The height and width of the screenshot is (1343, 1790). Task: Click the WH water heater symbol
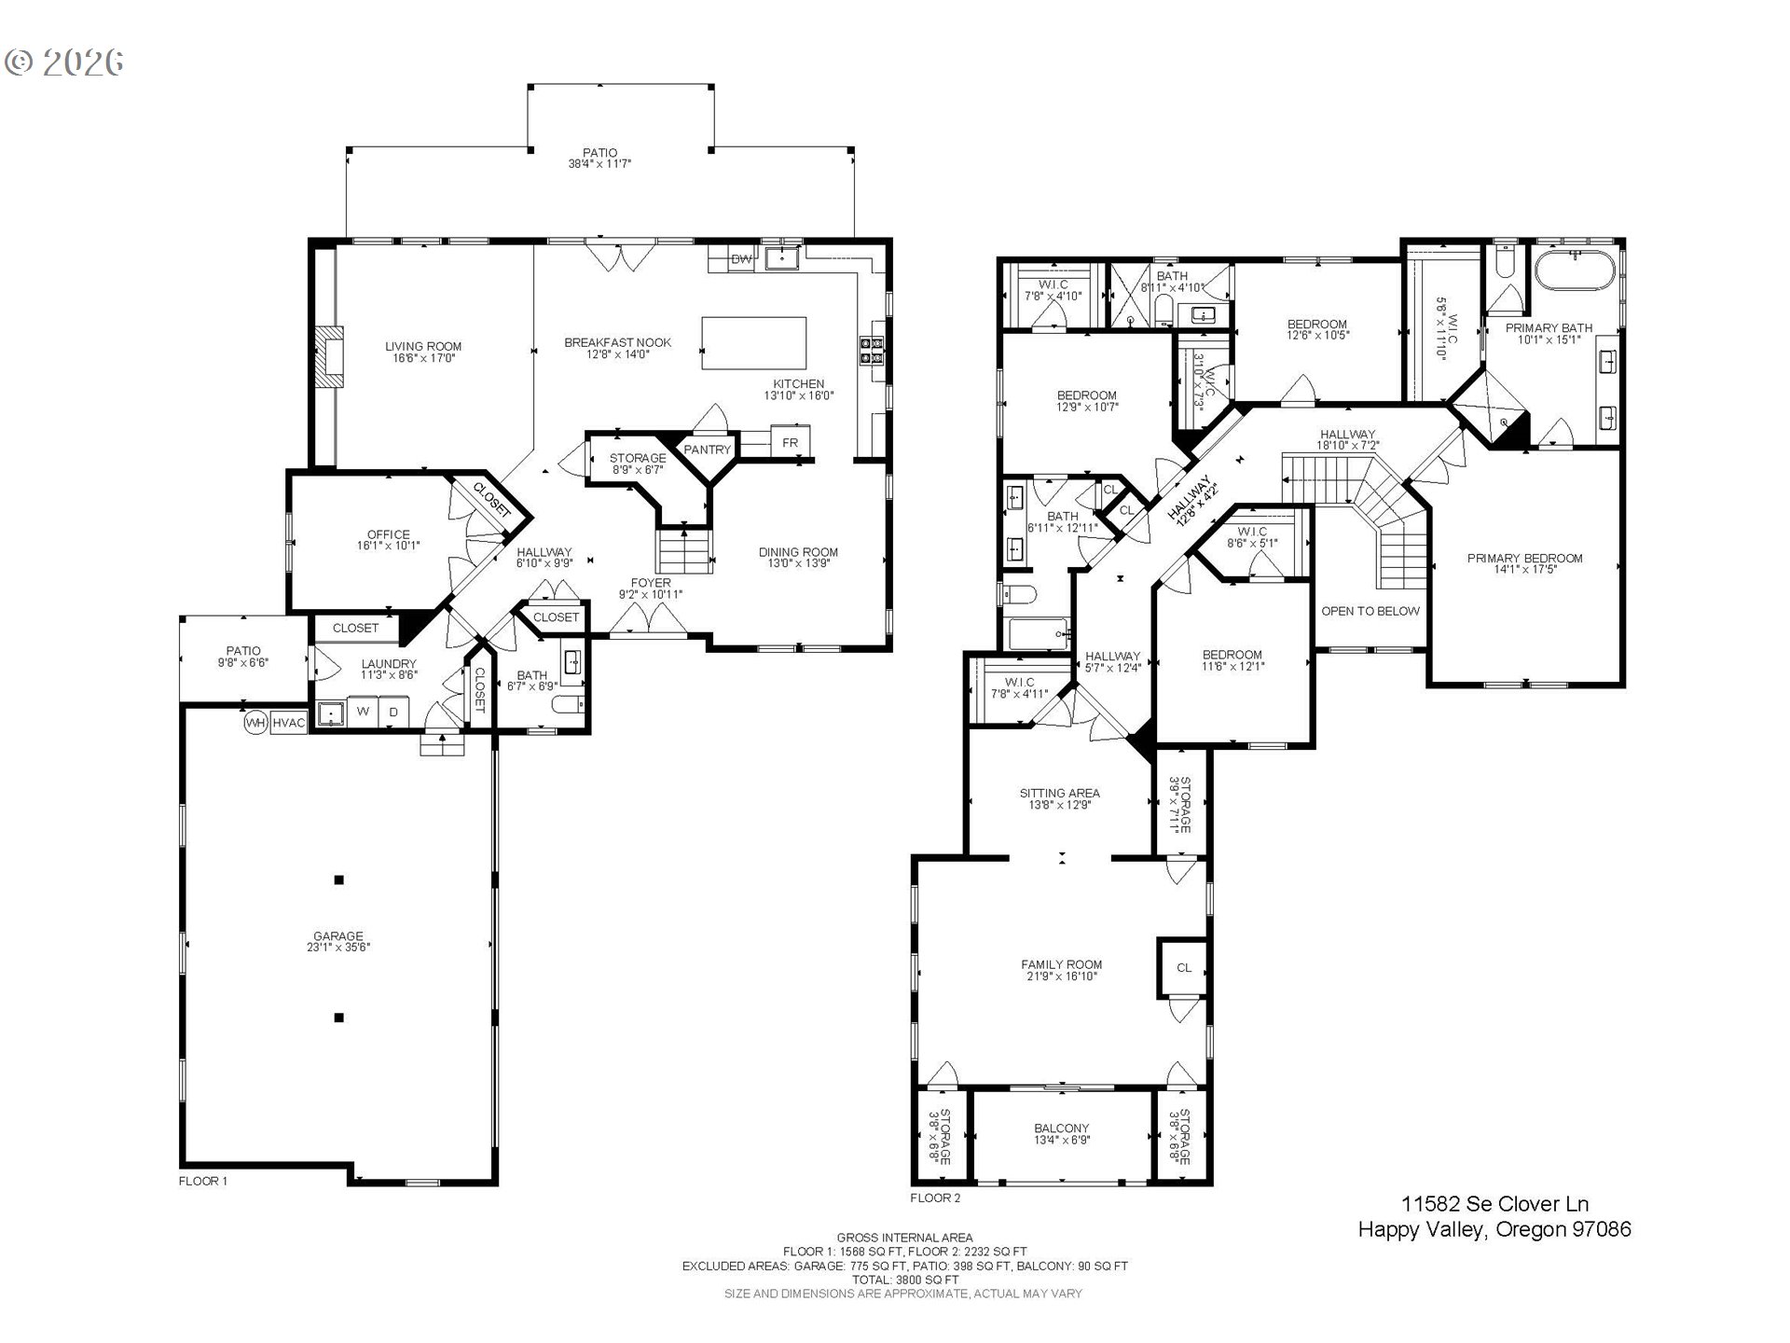click(255, 723)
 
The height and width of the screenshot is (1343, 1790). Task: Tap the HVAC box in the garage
click(289, 723)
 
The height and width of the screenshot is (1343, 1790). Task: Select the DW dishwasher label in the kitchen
click(741, 259)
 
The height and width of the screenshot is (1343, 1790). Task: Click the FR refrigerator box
click(790, 442)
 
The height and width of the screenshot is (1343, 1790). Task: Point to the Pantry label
click(708, 450)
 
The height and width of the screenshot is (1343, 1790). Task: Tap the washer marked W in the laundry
click(364, 712)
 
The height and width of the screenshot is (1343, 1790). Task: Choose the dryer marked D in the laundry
click(393, 712)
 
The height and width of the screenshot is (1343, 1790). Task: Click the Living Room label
click(423, 346)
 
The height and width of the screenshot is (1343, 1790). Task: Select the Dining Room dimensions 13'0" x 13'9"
click(798, 563)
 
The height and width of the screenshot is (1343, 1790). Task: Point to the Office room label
click(388, 534)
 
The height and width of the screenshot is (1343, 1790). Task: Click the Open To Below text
click(1370, 611)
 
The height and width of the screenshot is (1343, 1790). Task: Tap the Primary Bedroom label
click(1525, 559)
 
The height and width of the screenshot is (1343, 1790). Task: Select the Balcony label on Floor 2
click(1062, 1128)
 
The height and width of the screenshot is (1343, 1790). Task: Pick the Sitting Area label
click(1059, 794)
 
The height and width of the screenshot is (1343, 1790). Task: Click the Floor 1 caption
click(203, 1181)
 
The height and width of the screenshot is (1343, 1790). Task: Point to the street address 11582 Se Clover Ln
click(1495, 1204)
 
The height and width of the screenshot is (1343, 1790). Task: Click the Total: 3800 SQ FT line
click(904, 1281)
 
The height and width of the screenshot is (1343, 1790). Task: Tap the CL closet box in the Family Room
click(1183, 968)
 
